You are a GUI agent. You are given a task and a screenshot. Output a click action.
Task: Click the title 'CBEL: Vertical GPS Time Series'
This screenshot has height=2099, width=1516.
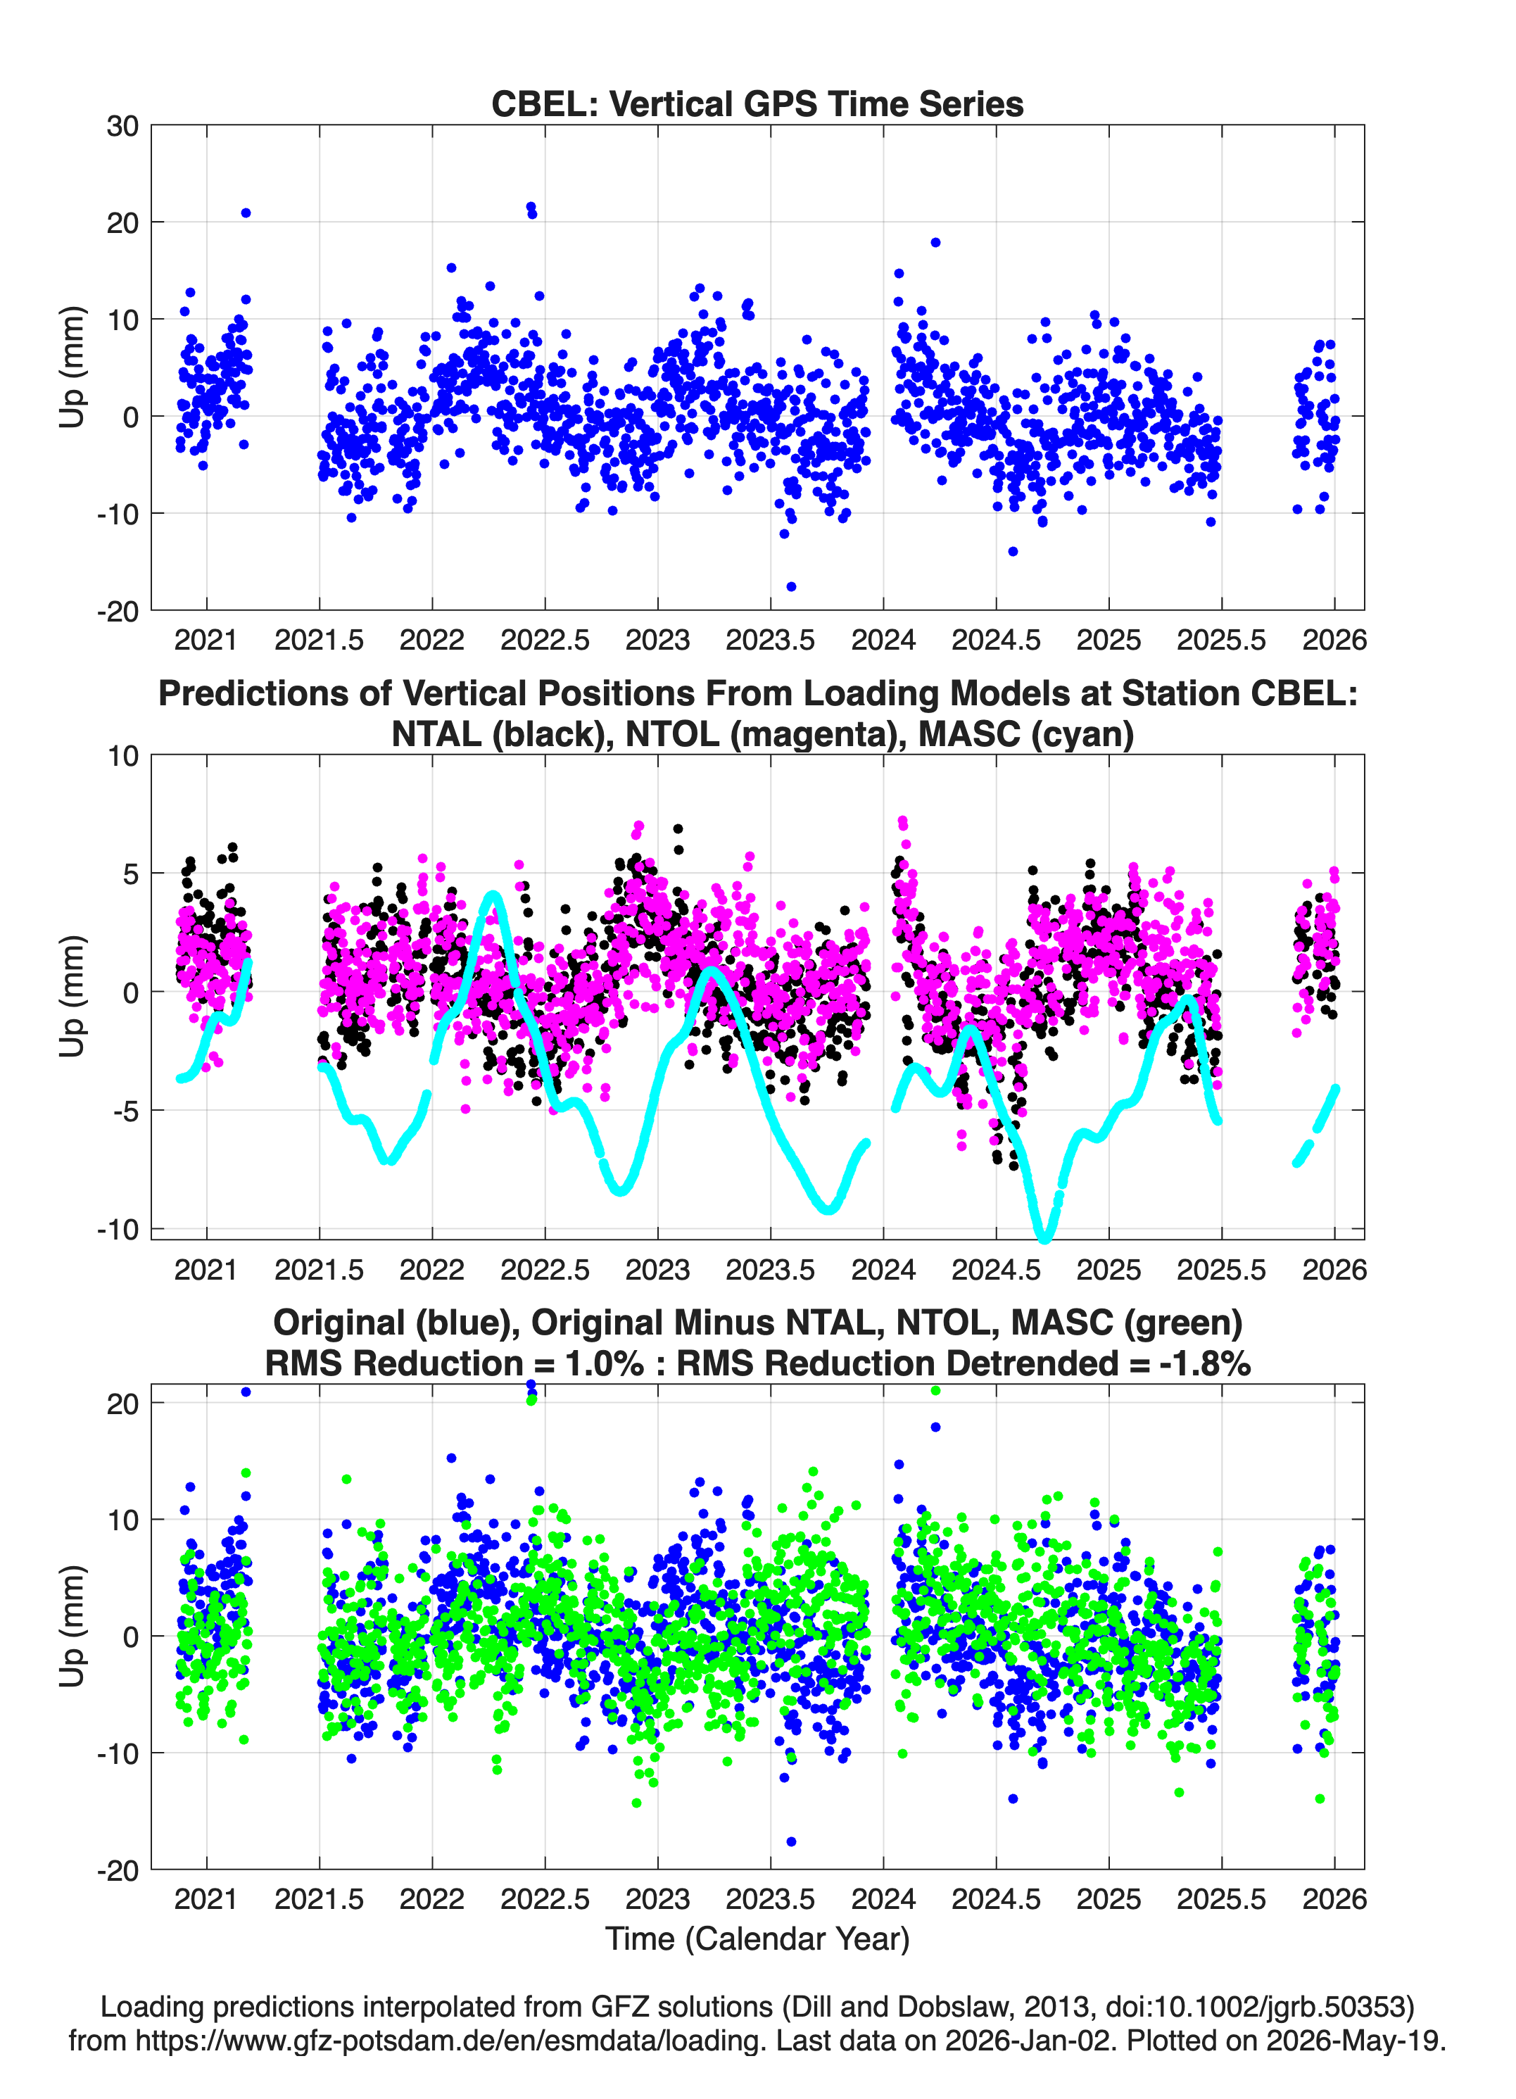pyautogui.click(x=757, y=103)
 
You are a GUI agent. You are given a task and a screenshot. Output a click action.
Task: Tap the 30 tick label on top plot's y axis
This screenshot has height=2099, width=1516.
pyautogui.click(x=123, y=126)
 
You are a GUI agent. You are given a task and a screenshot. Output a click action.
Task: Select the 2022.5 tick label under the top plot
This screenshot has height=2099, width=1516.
pyautogui.click(x=545, y=640)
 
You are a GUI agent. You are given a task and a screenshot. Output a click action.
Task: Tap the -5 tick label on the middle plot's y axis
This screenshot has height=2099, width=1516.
pyautogui.click(x=126, y=1111)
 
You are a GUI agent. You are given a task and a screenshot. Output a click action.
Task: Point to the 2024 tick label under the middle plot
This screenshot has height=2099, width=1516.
pyautogui.click(x=884, y=1270)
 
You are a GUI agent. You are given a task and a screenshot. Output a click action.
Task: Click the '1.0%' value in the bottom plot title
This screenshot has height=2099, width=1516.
pyautogui.click(x=602, y=1364)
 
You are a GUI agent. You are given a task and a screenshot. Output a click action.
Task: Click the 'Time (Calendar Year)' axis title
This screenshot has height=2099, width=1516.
pyautogui.click(x=758, y=1939)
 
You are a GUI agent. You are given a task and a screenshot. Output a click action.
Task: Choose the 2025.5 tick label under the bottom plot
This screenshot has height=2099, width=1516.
pyautogui.click(x=1222, y=1899)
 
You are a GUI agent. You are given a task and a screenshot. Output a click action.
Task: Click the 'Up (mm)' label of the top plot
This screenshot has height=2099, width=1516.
pyautogui.click(x=72, y=367)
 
